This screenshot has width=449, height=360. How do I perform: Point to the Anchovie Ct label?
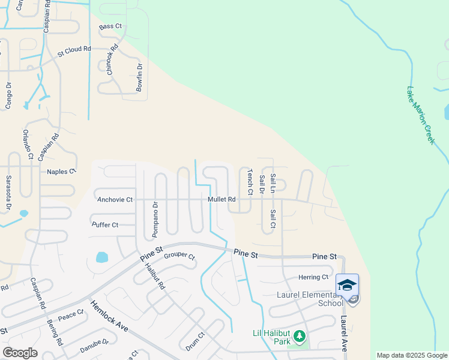(x=115, y=199)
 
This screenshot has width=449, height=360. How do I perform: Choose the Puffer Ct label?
(x=105, y=225)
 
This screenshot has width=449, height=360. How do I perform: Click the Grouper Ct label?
(x=179, y=257)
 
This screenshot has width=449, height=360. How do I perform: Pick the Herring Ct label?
(x=313, y=277)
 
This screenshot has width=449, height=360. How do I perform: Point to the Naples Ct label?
(x=62, y=172)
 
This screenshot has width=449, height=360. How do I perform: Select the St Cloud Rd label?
(x=74, y=52)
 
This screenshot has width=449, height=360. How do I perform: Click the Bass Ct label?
(x=110, y=27)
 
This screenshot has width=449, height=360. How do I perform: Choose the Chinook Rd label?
(x=112, y=59)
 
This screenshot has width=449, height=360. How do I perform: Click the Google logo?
(x=20, y=353)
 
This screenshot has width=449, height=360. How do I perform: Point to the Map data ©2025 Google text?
(x=411, y=355)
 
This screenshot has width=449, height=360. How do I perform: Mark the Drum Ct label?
(x=195, y=341)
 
